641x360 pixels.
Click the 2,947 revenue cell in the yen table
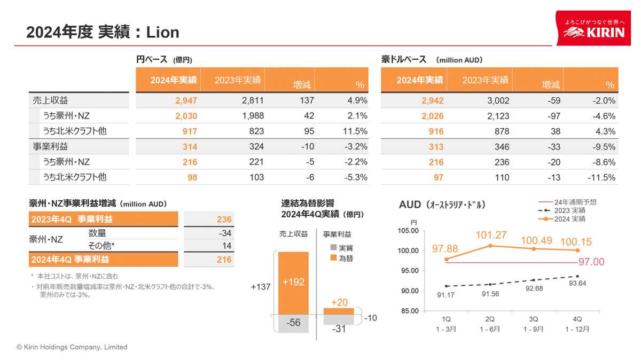point(186,100)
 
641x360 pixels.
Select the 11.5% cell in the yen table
point(355,131)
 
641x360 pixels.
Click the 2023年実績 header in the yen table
point(238,80)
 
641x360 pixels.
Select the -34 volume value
point(225,233)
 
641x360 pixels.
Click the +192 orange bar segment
point(293,282)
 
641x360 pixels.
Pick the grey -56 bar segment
point(293,323)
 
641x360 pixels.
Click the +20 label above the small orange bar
point(339,302)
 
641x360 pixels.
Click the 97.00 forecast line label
point(591,262)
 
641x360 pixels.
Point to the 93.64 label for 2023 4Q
point(578,283)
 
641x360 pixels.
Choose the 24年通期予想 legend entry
point(575,202)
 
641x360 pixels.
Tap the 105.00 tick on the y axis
point(409,230)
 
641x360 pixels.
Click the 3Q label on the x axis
point(533,319)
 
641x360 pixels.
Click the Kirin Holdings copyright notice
point(72,347)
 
